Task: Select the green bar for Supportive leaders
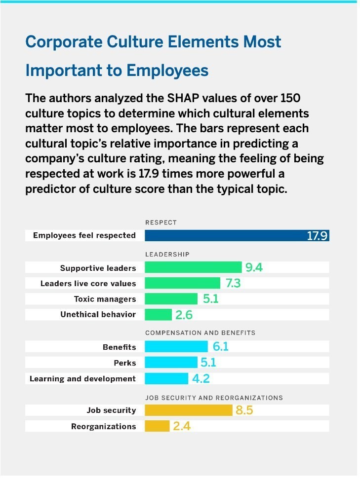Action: [193, 268]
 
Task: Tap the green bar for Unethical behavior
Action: [158, 314]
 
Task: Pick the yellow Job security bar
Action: [188, 410]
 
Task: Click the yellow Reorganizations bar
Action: [157, 426]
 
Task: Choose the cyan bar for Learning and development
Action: [166, 378]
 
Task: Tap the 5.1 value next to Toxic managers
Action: [210, 299]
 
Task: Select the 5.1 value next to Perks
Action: [208, 363]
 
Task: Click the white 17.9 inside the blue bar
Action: [317, 236]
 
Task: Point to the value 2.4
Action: [182, 426]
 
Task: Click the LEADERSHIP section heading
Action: [167, 254]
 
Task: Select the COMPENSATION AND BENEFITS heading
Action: [200, 333]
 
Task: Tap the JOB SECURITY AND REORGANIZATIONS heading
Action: [214, 397]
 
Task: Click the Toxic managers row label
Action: [105, 299]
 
